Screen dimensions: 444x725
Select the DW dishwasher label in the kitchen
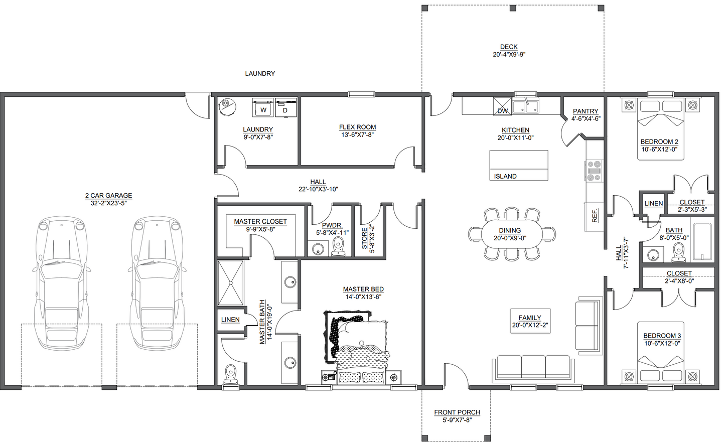[x=502, y=111]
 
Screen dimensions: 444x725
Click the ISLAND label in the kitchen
[x=505, y=176]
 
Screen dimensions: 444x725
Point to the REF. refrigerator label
[x=595, y=216]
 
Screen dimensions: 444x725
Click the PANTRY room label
[x=586, y=111]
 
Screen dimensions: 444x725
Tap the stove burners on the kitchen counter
[x=594, y=171]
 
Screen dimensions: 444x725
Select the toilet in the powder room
[x=338, y=246]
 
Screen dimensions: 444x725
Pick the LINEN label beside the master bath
[x=230, y=320]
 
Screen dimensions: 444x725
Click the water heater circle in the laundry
[x=227, y=105]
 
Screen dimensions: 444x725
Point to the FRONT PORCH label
[x=457, y=412]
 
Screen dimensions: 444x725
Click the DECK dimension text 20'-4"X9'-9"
[x=509, y=54]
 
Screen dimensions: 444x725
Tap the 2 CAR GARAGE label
[x=108, y=196]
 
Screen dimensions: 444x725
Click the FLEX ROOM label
[x=357, y=127]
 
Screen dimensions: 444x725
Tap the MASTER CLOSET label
[x=260, y=221]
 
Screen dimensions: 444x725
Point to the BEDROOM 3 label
[x=662, y=336]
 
